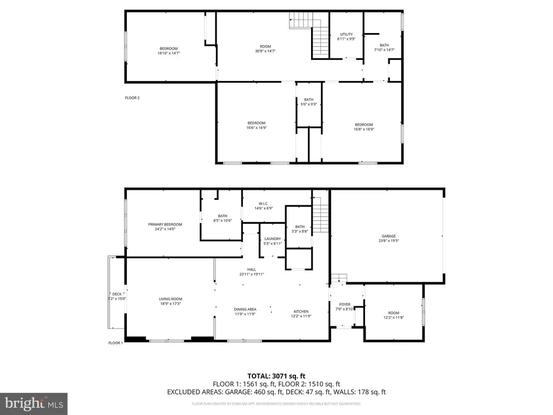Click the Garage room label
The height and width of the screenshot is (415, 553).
coord(389,236)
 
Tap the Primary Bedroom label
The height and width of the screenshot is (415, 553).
coord(165,224)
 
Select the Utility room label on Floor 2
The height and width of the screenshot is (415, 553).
coord(346,35)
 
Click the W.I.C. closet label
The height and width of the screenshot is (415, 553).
coord(264,204)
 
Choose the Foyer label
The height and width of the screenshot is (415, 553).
coord(345,304)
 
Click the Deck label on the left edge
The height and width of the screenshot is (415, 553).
coord(117,294)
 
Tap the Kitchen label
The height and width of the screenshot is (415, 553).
coord(301,311)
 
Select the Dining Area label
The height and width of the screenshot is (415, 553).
coord(245,309)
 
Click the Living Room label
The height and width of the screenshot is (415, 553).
coord(171,299)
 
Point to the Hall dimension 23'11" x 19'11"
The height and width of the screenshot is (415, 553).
coord(252,274)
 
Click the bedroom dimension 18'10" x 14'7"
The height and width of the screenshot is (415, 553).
coord(168,53)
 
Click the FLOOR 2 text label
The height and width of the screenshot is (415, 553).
coord(132,98)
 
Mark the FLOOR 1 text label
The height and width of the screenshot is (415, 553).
coord(116,343)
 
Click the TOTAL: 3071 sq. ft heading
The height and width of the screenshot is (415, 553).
coord(276,376)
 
